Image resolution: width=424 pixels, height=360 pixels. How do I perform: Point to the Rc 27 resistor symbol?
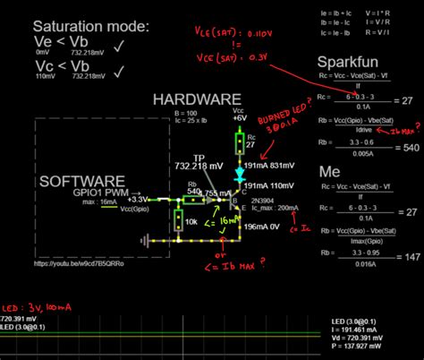point(240,141)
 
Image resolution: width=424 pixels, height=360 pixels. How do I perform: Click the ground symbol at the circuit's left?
point(144,241)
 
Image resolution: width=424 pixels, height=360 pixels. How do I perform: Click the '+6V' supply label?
point(239,116)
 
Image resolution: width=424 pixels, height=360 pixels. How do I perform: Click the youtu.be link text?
point(79,264)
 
